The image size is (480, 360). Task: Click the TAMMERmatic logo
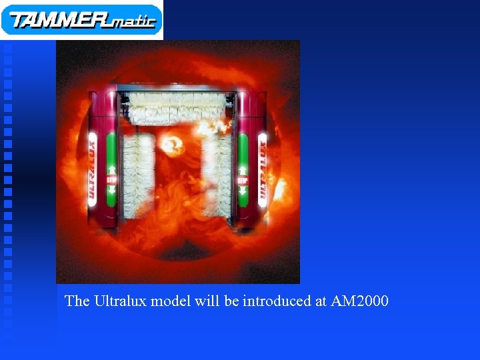tap(81, 19)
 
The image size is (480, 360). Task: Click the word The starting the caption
tap(77, 301)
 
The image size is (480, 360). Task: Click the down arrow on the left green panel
tap(111, 190)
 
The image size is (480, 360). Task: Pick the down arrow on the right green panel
tap(243, 190)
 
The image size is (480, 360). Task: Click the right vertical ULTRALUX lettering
tap(262, 170)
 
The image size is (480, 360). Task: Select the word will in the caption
tap(207, 301)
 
